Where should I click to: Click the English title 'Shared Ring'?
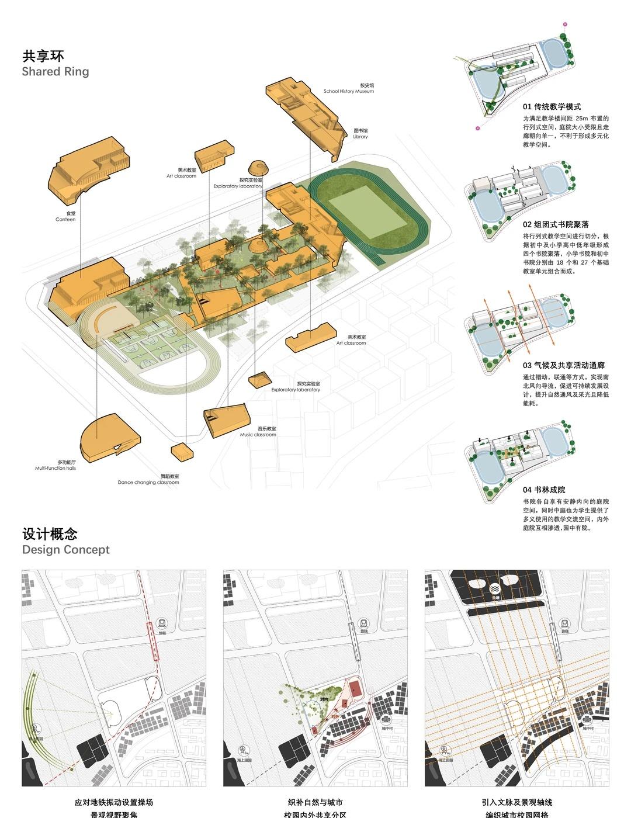pyautogui.click(x=56, y=72)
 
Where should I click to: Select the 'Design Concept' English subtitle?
pyautogui.click(x=65, y=550)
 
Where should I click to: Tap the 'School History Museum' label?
pyautogui.click(x=349, y=92)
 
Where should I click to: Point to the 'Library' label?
pyautogui.click(x=360, y=137)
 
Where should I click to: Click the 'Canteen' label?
pyautogui.click(x=65, y=220)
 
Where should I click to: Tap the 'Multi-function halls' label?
pyautogui.click(x=56, y=469)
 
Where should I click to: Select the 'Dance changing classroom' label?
pyautogui.click(x=148, y=483)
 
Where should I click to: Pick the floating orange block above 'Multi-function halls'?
pyautogui.click(x=109, y=435)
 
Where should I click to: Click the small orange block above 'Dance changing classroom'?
pyautogui.click(x=181, y=450)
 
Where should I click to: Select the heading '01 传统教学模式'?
pyautogui.click(x=552, y=107)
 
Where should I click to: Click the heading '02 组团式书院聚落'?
pyautogui.click(x=556, y=224)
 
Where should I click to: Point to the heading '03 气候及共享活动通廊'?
pyautogui.click(x=563, y=365)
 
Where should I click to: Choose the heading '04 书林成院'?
pyautogui.click(x=544, y=490)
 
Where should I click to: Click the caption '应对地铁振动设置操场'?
pyautogui.click(x=114, y=803)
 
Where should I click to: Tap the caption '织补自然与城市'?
pyautogui.click(x=315, y=803)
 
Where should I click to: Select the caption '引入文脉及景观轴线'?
pyautogui.click(x=516, y=803)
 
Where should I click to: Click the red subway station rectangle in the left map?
pyautogui.click(x=153, y=642)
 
